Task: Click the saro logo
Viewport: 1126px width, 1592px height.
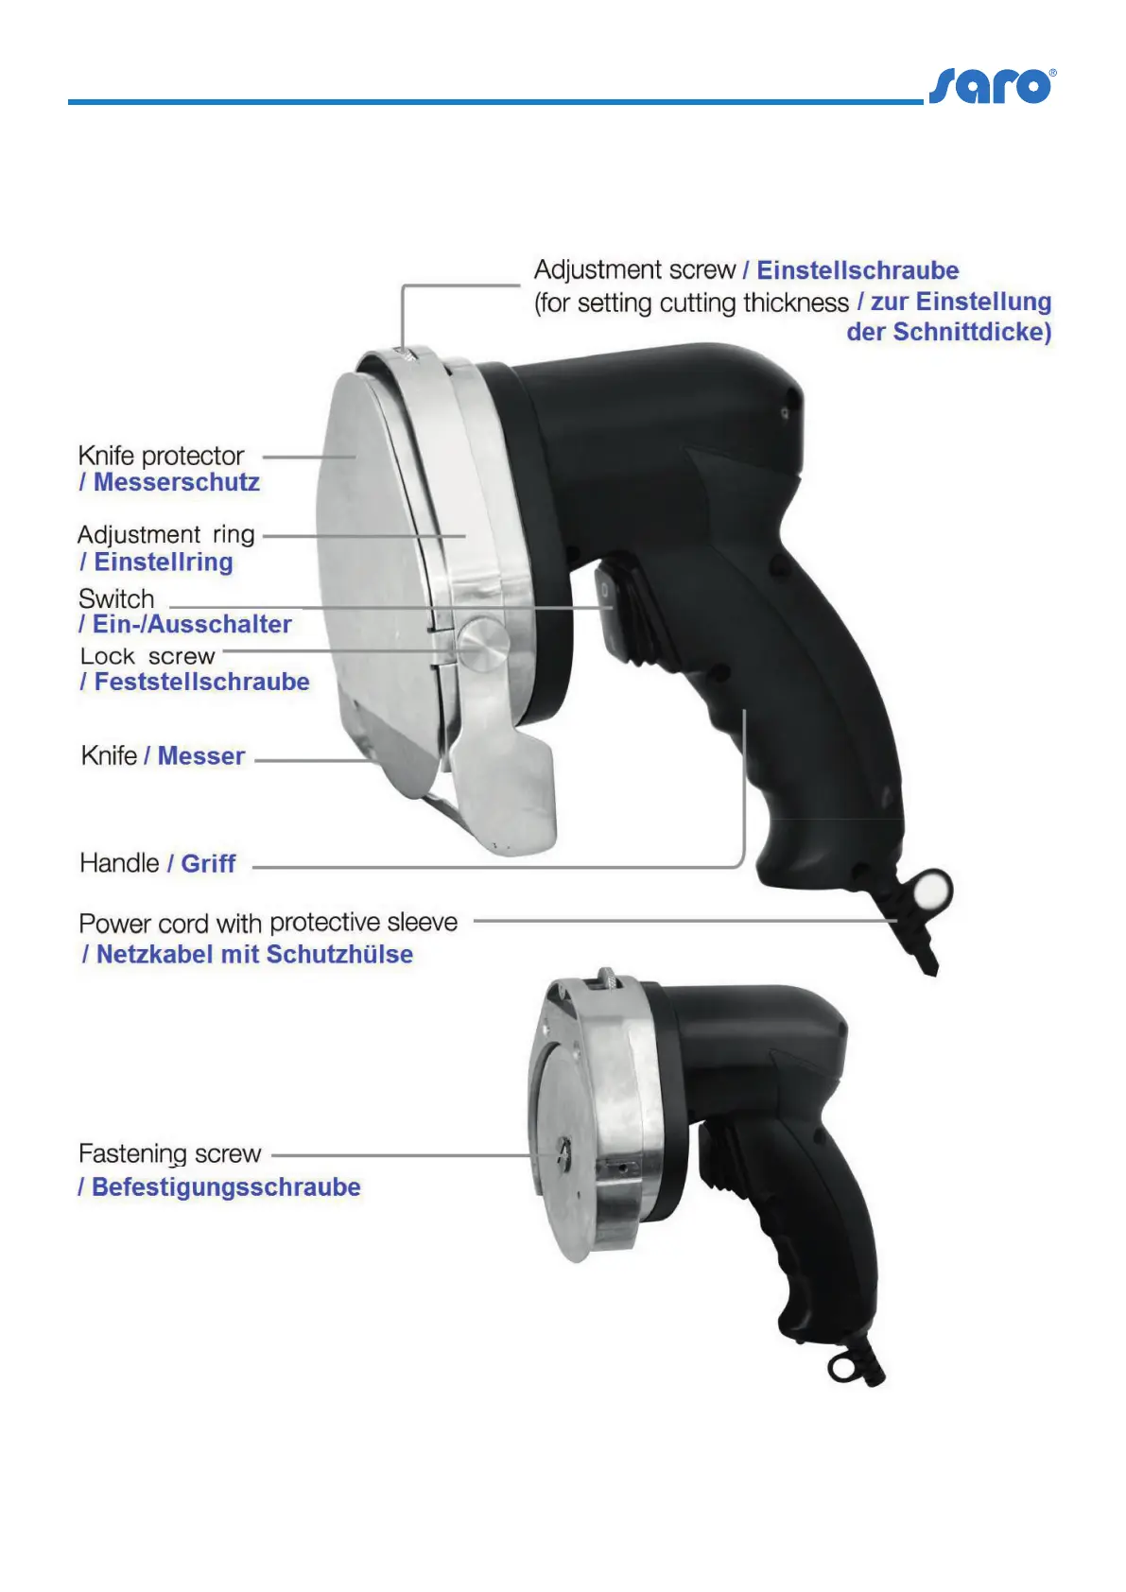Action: tap(991, 86)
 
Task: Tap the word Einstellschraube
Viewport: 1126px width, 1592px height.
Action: tap(857, 270)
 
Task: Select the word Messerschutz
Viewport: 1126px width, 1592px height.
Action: tap(176, 482)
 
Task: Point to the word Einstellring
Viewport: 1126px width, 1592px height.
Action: tap(163, 562)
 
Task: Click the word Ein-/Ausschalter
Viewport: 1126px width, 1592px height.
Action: tap(192, 624)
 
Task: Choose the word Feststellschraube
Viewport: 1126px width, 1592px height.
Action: tap(201, 682)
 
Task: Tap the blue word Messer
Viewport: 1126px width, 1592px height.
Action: tap(201, 756)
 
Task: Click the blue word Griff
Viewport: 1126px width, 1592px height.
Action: tap(208, 863)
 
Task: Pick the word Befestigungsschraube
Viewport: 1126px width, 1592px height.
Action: tap(226, 1186)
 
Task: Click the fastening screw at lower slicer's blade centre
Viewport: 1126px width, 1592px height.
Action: tap(562, 1151)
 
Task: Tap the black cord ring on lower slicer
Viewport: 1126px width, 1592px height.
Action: tap(840, 1368)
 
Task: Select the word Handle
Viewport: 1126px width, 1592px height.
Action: tap(119, 863)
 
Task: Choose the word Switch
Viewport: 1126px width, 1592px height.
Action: tap(116, 598)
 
